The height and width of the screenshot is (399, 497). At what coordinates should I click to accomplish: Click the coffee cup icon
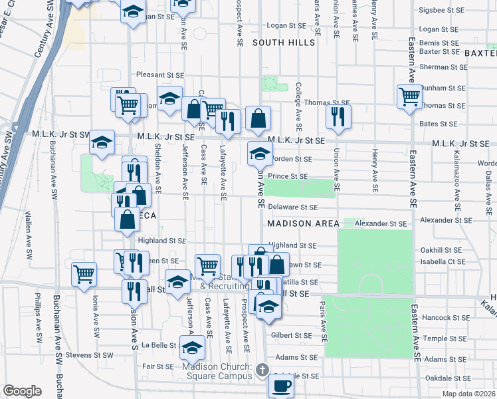pos(280,384)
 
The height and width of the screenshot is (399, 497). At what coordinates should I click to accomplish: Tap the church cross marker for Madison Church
pos(262,369)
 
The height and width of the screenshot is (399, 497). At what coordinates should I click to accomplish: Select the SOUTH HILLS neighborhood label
pos(284,43)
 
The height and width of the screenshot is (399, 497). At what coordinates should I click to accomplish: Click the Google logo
pos(22,391)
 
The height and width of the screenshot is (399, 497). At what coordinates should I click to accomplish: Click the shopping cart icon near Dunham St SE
pos(409,96)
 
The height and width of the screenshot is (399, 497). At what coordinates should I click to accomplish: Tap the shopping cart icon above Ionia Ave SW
pos(84,273)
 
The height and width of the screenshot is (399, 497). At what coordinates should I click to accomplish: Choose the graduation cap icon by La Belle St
pos(192,346)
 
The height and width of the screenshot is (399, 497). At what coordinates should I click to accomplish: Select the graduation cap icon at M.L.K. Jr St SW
pos(102,142)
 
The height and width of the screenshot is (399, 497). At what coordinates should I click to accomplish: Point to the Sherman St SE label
pos(442,67)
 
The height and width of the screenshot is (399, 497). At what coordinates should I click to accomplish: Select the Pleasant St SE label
pos(159,75)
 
